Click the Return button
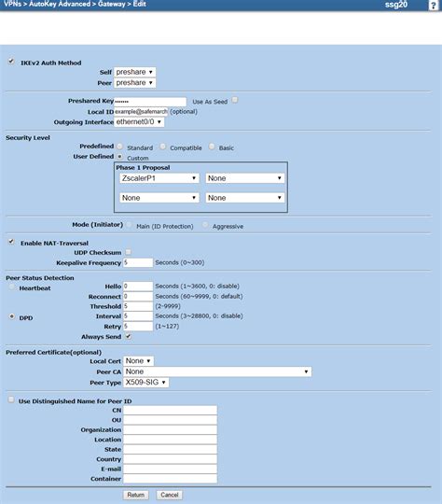tap(136, 495)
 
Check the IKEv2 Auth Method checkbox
tap(11, 62)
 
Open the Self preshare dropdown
tap(135, 72)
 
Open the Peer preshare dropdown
tap(135, 83)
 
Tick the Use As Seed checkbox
tap(235, 100)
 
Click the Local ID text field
tap(141, 111)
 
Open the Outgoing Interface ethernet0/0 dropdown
tap(140, 122)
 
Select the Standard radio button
tap(120, 147)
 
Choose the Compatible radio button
tap(163, 147)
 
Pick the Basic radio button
tap(213, 147)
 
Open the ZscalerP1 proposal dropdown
tap(159, 178)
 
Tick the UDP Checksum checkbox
tap(128, 252)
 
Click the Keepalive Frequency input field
tap(138, 263)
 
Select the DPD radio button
tap(11, 317)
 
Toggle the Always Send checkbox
tap(128, 336)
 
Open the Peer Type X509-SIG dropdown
tap(145, 383)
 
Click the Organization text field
tap(170, 429)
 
